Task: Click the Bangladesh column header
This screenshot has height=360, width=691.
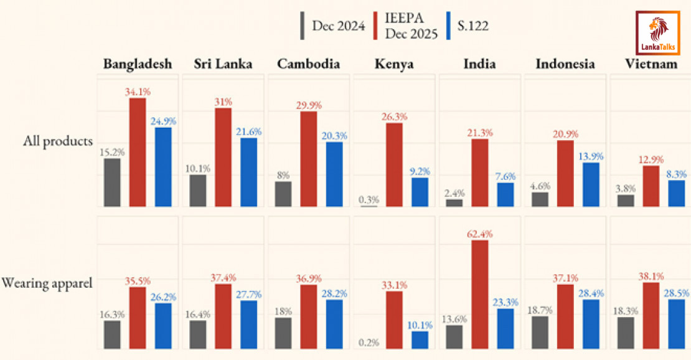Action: (x=138, y=64)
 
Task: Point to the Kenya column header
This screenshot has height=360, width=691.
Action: (x=394, y=64)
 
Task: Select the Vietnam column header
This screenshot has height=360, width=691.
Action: (x=651, y=64)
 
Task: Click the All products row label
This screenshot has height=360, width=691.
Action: (x=58, y=140)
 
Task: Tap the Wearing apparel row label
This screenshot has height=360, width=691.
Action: (x=47, y=283)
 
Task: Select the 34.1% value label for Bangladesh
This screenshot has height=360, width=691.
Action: (x=138, y=92)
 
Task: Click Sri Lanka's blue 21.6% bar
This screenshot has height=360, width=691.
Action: (x=248, y=172)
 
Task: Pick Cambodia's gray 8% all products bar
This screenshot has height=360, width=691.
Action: (x=283, y=194)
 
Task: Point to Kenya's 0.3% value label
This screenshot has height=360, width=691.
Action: (x=369, y=199)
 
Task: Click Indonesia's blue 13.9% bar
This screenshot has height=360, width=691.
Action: (x=591, y=184)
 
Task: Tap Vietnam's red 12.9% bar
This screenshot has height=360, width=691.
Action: (x=651, y=186)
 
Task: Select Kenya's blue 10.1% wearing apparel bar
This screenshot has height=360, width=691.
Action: (x=420, y=339)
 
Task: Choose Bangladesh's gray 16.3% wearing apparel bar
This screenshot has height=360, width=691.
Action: (x=112, y=334)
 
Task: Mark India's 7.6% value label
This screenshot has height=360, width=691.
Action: (x=505, y=176)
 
